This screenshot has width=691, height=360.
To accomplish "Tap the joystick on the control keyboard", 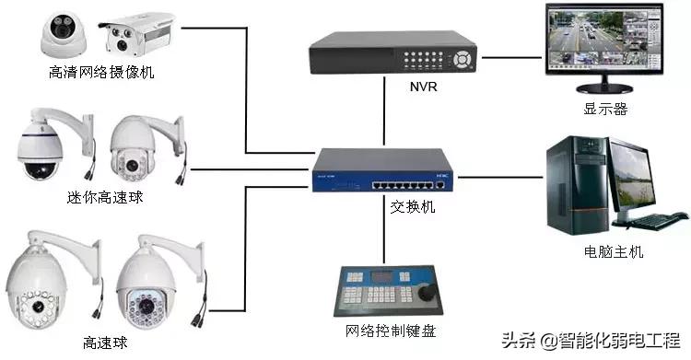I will tap(427, 290).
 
